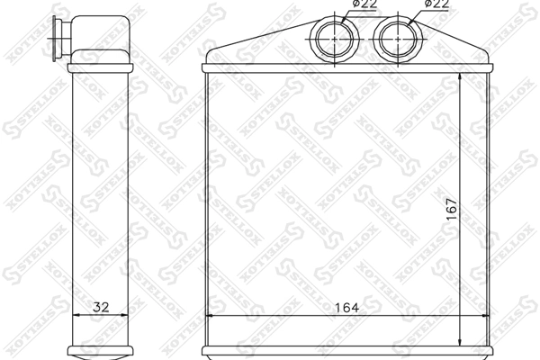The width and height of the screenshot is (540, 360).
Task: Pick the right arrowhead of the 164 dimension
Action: [x=485, y=316]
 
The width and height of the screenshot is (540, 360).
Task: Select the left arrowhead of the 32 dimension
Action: [x=74, y=316]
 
